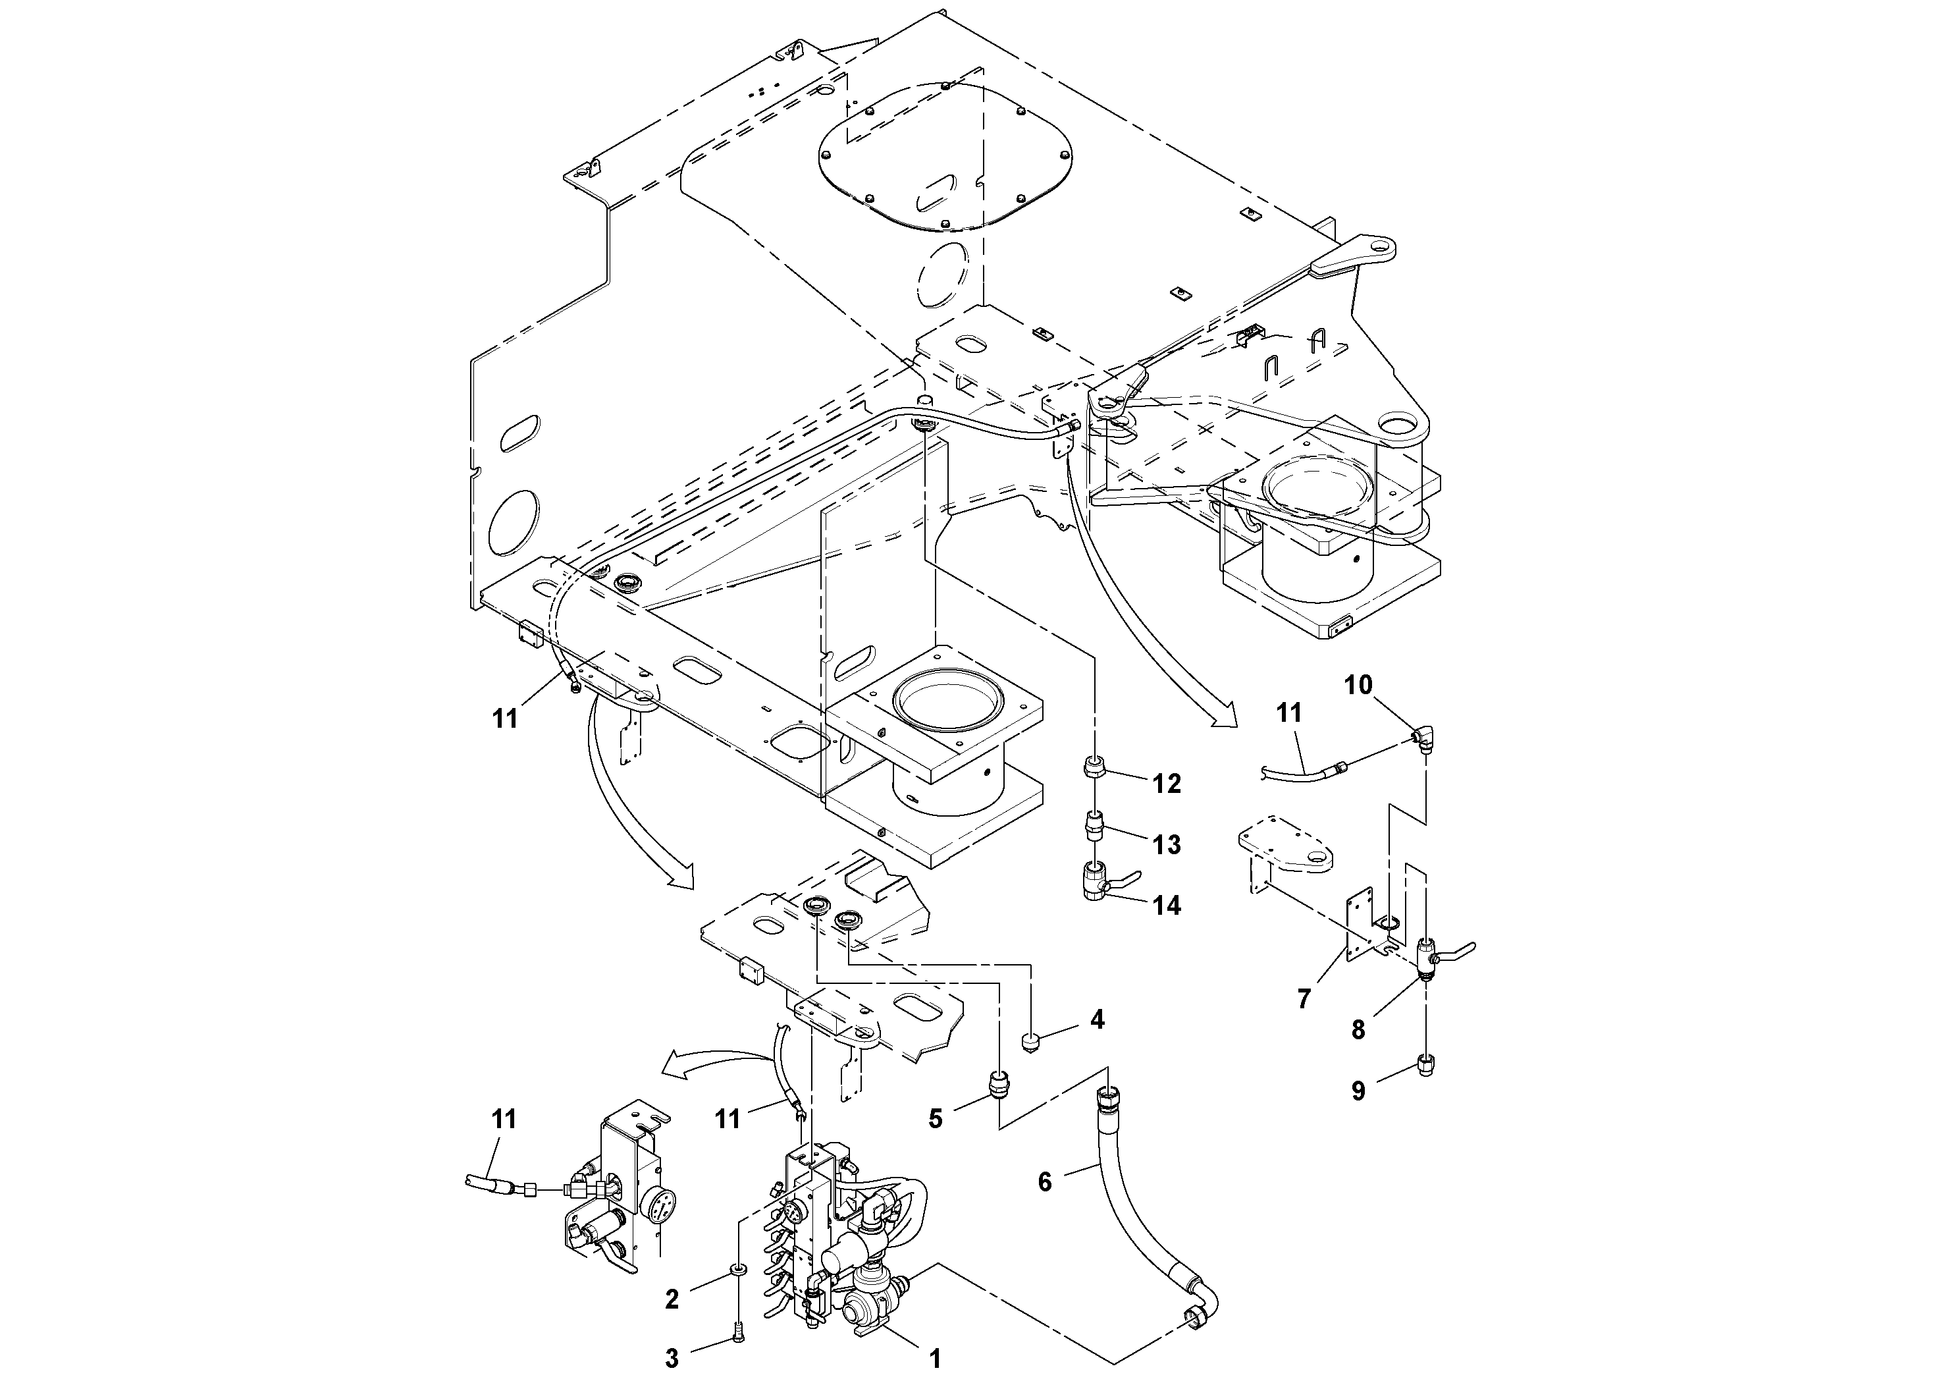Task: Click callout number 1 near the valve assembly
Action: [935, 1359]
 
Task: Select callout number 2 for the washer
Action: [672, 1299]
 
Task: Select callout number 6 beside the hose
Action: [1045, 1181]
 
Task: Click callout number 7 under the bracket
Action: [1304, 998]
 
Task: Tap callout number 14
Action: [1167, 905]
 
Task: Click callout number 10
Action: [1359, 684]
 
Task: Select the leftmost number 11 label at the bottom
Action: [504, 1118]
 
